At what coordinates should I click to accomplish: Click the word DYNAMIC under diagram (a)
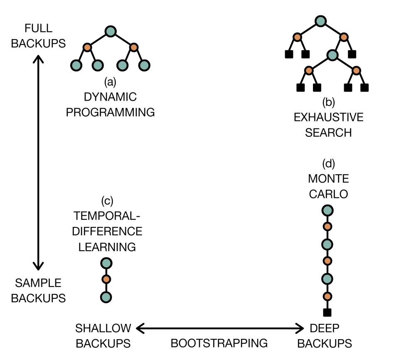[110, 97]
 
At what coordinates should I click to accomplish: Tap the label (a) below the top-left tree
[110, 82]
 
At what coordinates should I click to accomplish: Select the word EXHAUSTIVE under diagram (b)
[328, 117]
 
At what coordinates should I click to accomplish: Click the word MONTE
[328, 179]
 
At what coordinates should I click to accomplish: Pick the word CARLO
[328, 194]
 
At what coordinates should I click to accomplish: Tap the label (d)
[328, 163]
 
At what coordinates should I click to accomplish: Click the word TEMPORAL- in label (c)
[108, 216]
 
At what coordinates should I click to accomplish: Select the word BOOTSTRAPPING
[219, 343]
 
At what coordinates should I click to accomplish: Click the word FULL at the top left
[38, 28]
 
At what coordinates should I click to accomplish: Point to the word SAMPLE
[38, 283]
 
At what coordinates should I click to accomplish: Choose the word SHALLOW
[103, 328]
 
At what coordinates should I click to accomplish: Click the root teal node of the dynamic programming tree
[110, 31]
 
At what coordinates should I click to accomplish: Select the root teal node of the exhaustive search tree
[320, 21]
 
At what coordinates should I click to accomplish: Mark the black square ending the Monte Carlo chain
[327, 313]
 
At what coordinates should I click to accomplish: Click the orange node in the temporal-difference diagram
[106, 279]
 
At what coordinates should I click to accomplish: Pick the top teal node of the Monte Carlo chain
[327, 211]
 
